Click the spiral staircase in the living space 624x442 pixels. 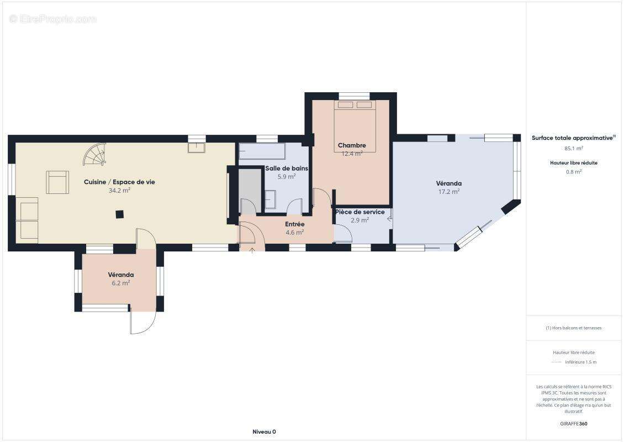95,155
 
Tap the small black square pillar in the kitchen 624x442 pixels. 119,214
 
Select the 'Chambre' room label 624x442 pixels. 352,145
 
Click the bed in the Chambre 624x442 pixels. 355,126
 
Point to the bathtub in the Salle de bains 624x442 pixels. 262,151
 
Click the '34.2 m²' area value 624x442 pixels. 119,191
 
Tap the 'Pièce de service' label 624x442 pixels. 360,212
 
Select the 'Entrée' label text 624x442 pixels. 295,224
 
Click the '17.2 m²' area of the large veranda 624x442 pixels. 449,192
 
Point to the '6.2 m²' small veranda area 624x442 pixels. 121,283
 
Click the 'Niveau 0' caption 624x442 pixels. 265,432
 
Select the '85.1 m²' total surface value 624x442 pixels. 573,149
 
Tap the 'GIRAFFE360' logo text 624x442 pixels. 573,424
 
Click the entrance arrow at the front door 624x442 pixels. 252,250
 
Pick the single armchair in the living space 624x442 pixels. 57,182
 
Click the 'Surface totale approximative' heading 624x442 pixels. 573,138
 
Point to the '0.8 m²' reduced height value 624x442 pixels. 573,172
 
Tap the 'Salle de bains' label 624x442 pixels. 287,169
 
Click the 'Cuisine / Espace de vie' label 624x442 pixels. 119,182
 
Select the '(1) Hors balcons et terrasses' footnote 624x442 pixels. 573,328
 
